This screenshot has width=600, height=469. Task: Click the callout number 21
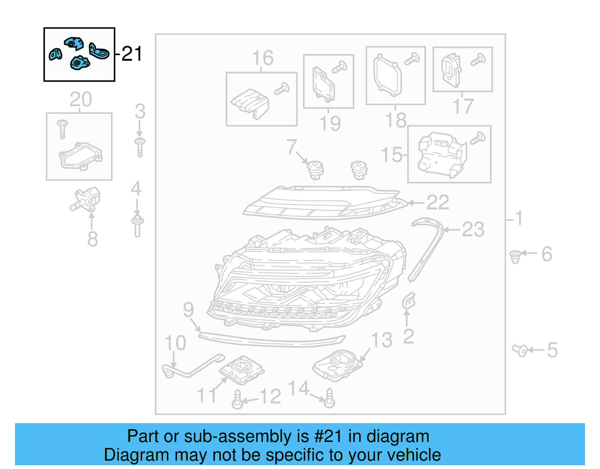point(132,54)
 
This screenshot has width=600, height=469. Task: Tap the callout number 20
point(81,100)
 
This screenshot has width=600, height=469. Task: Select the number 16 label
point(262,58)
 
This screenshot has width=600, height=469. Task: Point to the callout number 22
point(438,203)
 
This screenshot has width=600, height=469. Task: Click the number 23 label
point(473,229)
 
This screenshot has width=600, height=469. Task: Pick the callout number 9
point(188,310)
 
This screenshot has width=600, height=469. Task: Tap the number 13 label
point(382,340)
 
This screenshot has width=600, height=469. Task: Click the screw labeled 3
point(140,147)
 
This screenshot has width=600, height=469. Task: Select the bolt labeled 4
point(137,226)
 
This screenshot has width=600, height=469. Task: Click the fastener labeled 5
point(520,351)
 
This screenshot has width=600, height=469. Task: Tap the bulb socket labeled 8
point(87,199)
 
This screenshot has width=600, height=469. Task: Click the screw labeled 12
point(237,400)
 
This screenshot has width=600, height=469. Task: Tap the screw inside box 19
point(339,67)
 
